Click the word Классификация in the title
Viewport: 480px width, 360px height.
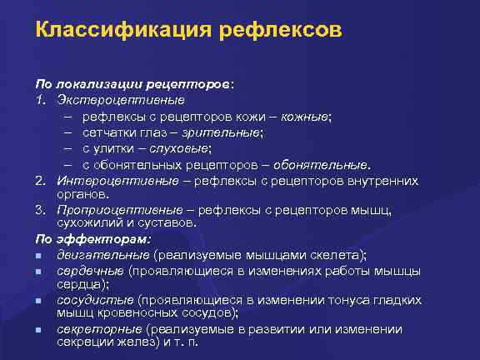pyautogui.click(x=121, y=30)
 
